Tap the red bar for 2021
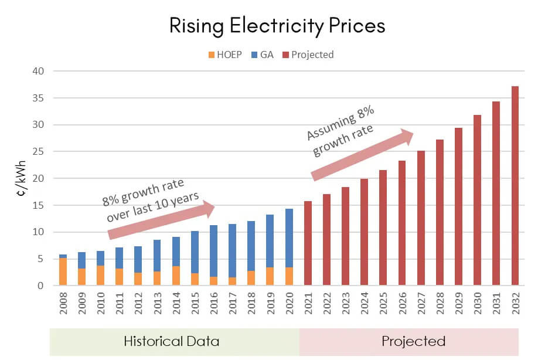[308, 243]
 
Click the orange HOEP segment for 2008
[63, 271]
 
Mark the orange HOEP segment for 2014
[175, 276]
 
